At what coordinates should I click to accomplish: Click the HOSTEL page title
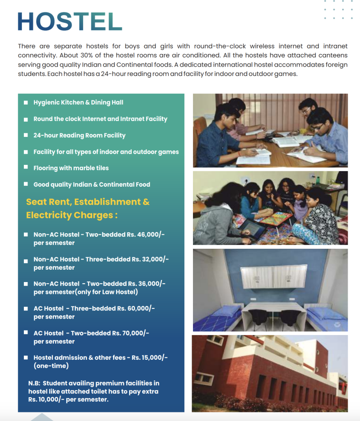pos(70,21)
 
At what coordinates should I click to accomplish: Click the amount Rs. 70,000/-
pos(130,333)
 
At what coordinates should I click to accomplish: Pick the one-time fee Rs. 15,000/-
pos(150,358)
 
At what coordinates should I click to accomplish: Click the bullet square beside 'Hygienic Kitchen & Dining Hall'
pos(26,102)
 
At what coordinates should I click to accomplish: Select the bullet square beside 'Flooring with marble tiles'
pos(26,168)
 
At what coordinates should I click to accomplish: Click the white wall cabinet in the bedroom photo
pos(273,276)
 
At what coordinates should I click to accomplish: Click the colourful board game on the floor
pos(275,218)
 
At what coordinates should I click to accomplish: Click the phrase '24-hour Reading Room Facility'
pos(79,135)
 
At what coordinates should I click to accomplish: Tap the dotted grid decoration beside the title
pos(338,9)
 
